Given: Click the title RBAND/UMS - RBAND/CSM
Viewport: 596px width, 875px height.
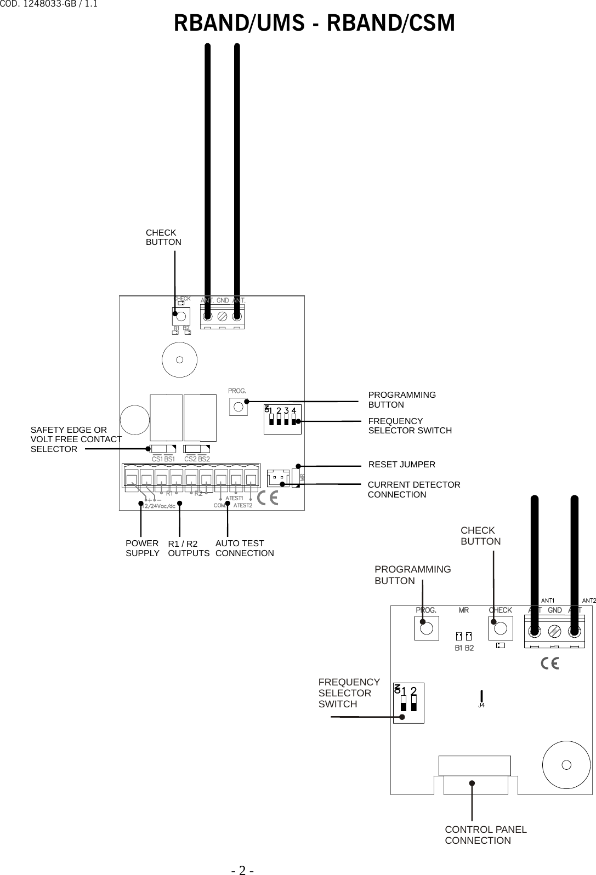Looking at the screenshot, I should point(314,24).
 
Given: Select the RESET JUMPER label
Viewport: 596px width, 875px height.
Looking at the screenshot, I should point(401,465).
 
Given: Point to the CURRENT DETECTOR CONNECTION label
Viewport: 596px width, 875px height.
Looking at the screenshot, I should point(413,490).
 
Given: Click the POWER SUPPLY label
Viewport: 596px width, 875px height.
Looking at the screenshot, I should point(142,548).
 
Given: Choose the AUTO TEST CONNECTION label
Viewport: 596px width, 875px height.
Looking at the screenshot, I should point(244,548).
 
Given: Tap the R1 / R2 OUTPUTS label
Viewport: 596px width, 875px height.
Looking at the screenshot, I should point(188,548).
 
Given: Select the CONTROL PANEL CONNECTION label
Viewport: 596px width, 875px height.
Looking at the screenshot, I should point(485,835).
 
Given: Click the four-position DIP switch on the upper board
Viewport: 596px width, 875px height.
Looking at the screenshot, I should point(282,419).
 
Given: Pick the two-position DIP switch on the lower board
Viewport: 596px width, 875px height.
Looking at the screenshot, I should point(408,703).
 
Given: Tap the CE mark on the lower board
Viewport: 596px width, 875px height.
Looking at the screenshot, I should point(549,664).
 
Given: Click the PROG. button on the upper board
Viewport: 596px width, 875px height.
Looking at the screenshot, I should point(238,406).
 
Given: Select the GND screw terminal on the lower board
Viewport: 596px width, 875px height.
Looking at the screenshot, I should point(554,631).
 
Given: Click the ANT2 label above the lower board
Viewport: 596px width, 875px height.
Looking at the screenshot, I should point(588,601).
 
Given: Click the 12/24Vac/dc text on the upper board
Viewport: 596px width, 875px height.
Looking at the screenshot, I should point(158,506).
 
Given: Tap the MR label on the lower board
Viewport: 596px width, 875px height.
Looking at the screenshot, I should point(463,610).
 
